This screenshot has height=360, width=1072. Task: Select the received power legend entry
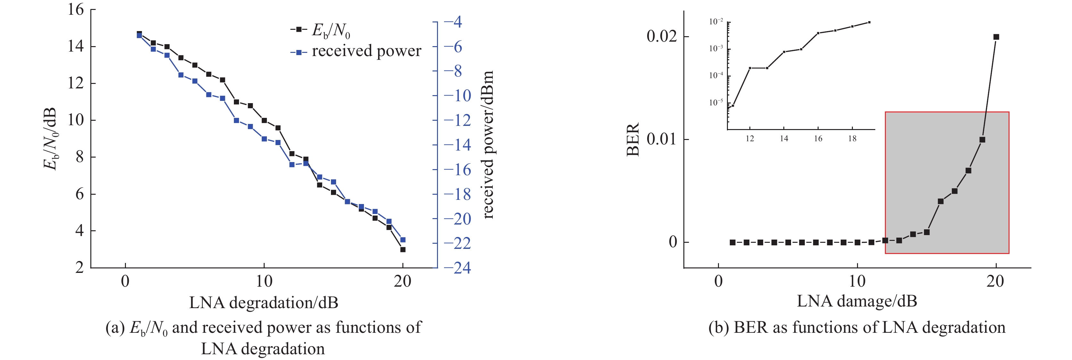(356, 52)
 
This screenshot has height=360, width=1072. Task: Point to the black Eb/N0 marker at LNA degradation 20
(402, 249)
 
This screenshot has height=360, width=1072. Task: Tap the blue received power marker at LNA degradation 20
(402, 240)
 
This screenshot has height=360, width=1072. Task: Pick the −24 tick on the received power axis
(457, 268)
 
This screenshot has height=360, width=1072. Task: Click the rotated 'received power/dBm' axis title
(487, 145)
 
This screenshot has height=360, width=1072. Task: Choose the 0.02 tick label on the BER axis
(662, 37)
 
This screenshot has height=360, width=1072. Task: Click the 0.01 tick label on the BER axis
(662, 139)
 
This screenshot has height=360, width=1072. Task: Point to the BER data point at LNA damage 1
(732, 242)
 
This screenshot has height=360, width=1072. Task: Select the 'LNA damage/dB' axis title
(857, 301)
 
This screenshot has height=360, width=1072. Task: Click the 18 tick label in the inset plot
(852, 139)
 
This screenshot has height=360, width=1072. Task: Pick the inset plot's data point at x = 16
(818, 33)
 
